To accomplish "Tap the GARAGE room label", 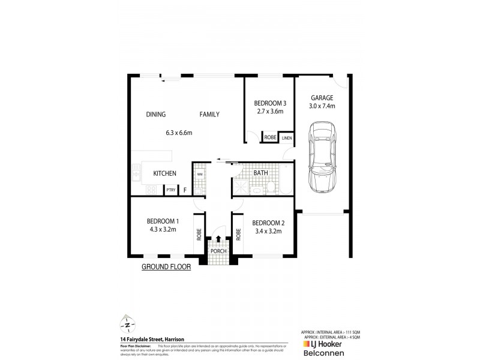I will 322,98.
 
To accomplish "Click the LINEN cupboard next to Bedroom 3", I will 286,137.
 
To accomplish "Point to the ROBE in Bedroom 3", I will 269,137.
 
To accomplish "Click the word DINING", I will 155,115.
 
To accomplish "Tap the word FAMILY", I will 209,115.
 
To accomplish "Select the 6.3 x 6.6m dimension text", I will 179,133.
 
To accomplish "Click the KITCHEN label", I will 164,173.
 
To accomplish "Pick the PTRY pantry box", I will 170,191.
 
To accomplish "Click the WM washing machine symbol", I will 199,175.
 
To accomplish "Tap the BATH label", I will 260,173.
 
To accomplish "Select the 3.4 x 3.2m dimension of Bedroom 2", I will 269,230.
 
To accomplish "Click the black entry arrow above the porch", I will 218,239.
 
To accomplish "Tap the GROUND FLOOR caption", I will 166,268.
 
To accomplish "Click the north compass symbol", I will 128,325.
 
